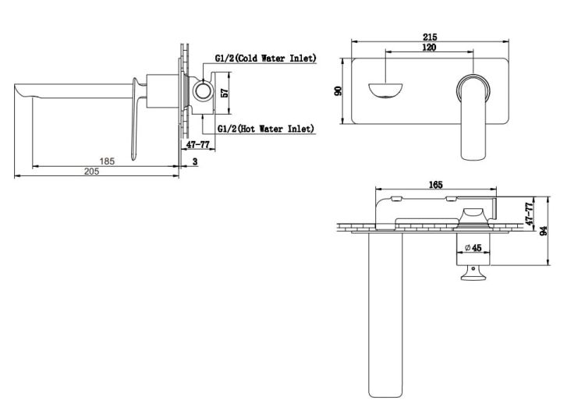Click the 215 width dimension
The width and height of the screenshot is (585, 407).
430,37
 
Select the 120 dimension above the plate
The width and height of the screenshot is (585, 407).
429,48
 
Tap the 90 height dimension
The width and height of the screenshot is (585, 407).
338,90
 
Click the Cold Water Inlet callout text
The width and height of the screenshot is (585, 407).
266,58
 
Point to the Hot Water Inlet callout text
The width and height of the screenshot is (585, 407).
266,129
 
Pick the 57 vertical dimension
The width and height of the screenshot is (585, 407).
225,93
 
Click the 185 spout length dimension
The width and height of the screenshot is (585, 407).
107,161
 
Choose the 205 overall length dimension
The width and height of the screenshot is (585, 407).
92,171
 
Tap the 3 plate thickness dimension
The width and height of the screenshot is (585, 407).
195,161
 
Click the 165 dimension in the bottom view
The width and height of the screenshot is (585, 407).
436,185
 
